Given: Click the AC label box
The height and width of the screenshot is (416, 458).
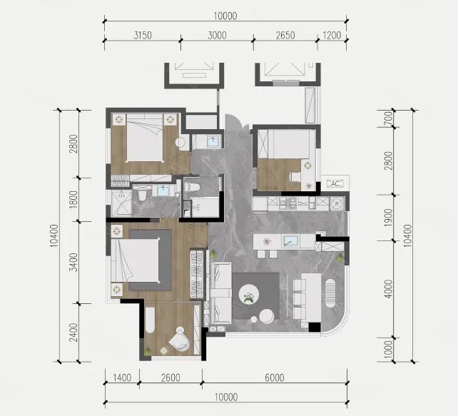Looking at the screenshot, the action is (335, 184).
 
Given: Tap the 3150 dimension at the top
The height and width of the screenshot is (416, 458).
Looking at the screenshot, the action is (143, 36).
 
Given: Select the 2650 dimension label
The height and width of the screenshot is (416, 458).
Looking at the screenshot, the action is (285, 36).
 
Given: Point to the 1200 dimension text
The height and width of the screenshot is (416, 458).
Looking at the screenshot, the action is (332, 36).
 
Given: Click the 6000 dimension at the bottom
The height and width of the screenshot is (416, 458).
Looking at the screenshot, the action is (274, 377).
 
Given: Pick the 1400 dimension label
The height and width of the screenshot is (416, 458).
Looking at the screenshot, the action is (122, 377).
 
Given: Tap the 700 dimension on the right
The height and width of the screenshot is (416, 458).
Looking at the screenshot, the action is (388, 118).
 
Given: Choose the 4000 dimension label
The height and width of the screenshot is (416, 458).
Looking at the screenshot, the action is (388, 288).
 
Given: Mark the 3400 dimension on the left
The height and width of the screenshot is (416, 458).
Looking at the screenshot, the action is (73, 262).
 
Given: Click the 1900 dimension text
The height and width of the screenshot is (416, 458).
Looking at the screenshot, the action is (388, 218).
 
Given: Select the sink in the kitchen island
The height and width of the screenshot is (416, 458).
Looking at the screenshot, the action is (290, 241).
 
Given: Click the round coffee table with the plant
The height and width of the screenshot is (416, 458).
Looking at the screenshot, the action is (249, 294).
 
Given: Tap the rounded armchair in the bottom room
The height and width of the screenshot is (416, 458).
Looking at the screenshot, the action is (178, 339).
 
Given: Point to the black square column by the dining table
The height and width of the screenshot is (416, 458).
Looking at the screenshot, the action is (315, 327).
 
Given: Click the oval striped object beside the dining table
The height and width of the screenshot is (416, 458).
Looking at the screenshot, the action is (330, 293).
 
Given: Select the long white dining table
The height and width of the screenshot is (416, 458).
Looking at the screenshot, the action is (311, 298).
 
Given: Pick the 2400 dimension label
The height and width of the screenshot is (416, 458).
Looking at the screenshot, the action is (73, 333).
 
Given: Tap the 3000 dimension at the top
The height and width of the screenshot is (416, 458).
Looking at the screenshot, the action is (217, 36).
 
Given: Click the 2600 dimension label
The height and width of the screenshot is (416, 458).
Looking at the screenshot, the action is (171, 377).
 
